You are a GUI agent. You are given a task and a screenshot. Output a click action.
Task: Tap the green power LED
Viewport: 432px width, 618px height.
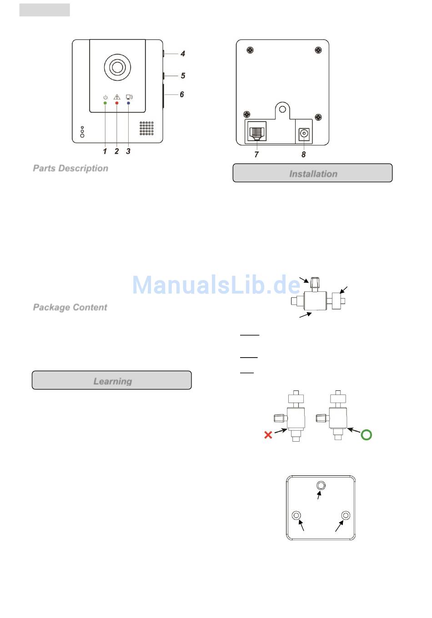[x=105, y=104]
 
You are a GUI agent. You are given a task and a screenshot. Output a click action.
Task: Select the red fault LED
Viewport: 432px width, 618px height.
[x=117, y=104]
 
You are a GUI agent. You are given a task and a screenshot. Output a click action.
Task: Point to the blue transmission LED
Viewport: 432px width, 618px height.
[x=128, y=104]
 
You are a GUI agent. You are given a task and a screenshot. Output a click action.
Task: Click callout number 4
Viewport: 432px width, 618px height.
[x=183, y=54]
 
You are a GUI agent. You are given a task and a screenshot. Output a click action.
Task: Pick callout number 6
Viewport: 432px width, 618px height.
[x=182, y=95]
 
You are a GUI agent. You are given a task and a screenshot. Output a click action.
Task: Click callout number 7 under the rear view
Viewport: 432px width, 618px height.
[x=256, y=154]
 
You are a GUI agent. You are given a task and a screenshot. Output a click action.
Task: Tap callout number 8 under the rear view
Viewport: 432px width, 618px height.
[x=304, y=154]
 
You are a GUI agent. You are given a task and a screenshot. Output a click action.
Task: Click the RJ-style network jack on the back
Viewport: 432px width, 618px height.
[x=257, y=132]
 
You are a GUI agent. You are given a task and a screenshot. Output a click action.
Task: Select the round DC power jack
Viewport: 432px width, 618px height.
[x=304, y=134]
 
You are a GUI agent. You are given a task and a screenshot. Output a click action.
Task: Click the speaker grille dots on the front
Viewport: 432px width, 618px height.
[x=146, y=128]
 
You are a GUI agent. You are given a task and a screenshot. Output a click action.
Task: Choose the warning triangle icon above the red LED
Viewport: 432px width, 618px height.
[x=117, y=97]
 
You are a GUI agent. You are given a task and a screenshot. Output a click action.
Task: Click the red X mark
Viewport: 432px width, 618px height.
[x=268, y=435]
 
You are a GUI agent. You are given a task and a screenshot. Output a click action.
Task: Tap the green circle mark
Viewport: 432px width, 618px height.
[x=366, y=435]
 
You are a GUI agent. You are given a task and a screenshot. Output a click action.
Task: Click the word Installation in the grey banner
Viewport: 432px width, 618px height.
[x=313, y=174]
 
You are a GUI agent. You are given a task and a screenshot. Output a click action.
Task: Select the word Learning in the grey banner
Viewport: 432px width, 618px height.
[x=113, y=381]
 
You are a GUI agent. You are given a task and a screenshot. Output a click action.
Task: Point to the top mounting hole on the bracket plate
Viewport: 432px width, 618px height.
[x=321, y=485]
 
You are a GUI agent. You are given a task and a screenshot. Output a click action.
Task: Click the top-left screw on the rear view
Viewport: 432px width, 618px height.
[x=250, y=50]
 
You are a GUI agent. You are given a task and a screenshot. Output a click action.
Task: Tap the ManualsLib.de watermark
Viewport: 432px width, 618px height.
[x=216, y=285]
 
